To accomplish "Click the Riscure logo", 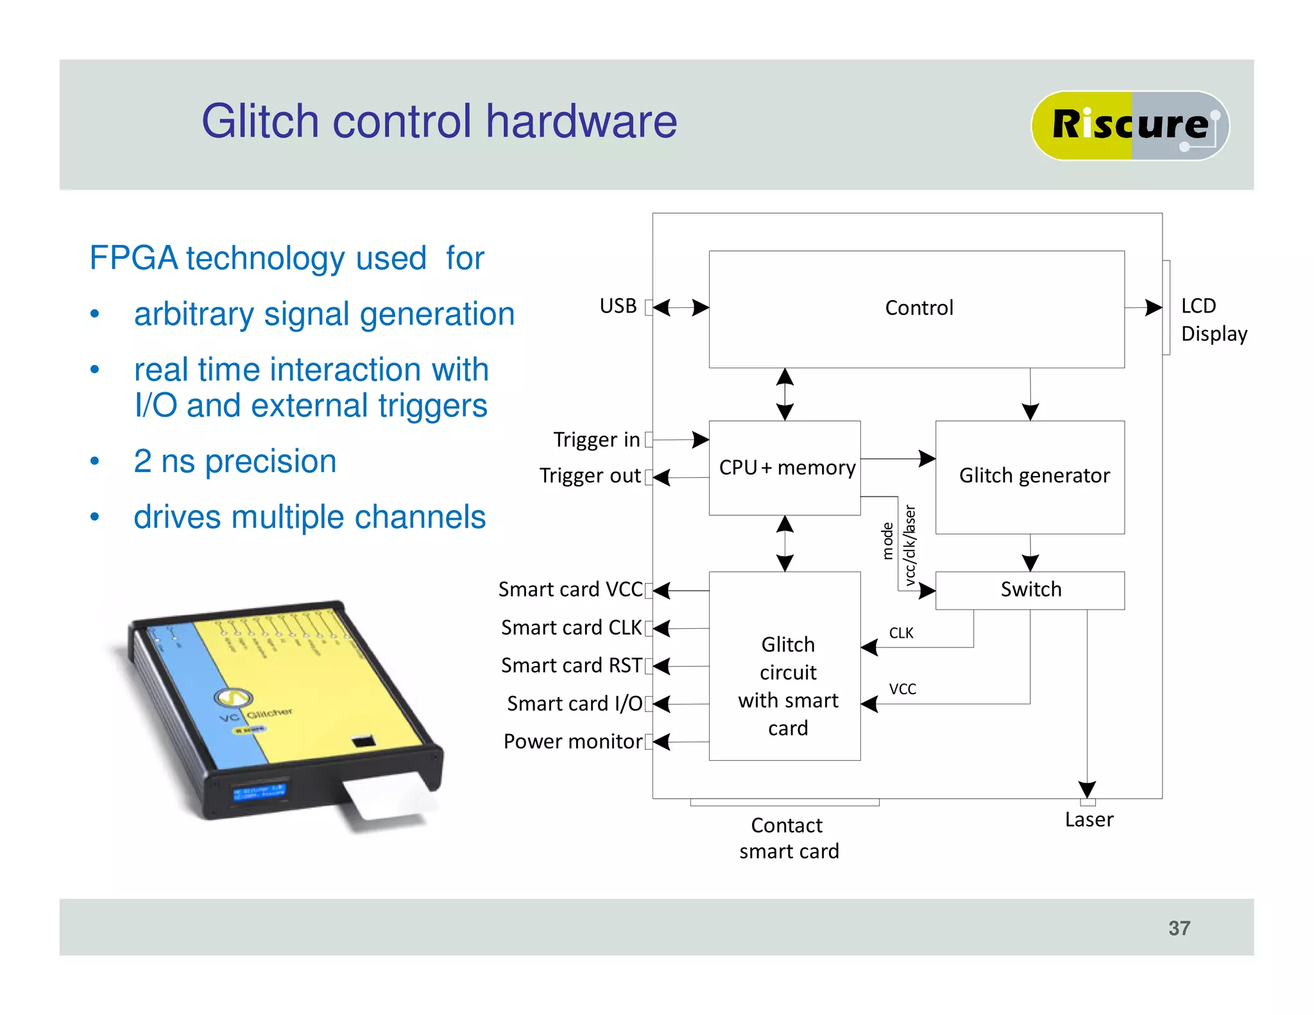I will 1129,125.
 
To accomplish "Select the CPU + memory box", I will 784,468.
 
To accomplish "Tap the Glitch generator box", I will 1029,477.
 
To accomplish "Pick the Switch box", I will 1029,590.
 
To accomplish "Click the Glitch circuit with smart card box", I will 784,685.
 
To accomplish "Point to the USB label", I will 617,306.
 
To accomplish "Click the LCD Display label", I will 1213,320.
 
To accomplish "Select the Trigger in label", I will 596,440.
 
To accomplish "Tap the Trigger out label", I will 589,476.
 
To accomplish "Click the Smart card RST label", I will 570,666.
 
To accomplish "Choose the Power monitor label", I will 572,742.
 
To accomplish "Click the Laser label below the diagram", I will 1088,820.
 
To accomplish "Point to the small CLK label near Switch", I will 900,633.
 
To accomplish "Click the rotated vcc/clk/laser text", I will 909,545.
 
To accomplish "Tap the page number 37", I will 1179,928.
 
